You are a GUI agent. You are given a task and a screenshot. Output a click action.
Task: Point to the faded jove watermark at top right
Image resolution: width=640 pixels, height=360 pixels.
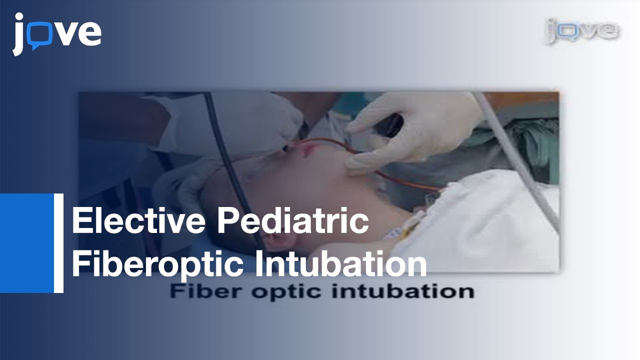coord(581,31)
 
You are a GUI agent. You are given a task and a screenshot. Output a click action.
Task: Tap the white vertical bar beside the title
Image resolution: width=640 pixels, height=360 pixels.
coord(58,242)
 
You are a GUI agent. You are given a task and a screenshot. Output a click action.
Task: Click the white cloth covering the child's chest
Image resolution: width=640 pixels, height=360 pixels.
coord(495,220)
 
